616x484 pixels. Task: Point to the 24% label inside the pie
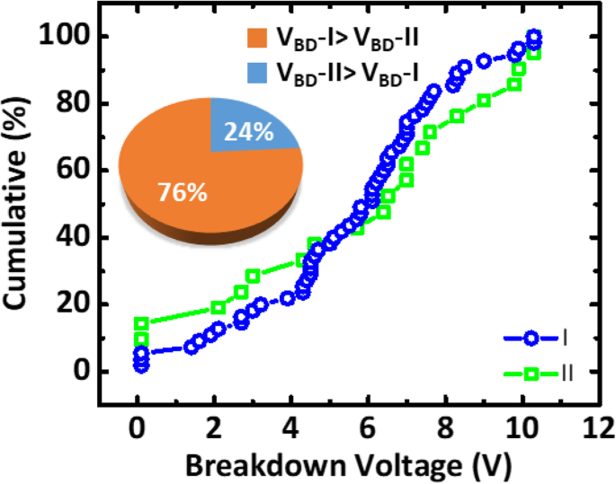[x=251, y=131]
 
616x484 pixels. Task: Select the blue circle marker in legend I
[x=531, y=339]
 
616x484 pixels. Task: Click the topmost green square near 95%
[x=533, y=54]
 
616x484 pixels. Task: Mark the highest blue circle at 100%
[x=534, y=37]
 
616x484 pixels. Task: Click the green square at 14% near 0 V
[x=141, y=323]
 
